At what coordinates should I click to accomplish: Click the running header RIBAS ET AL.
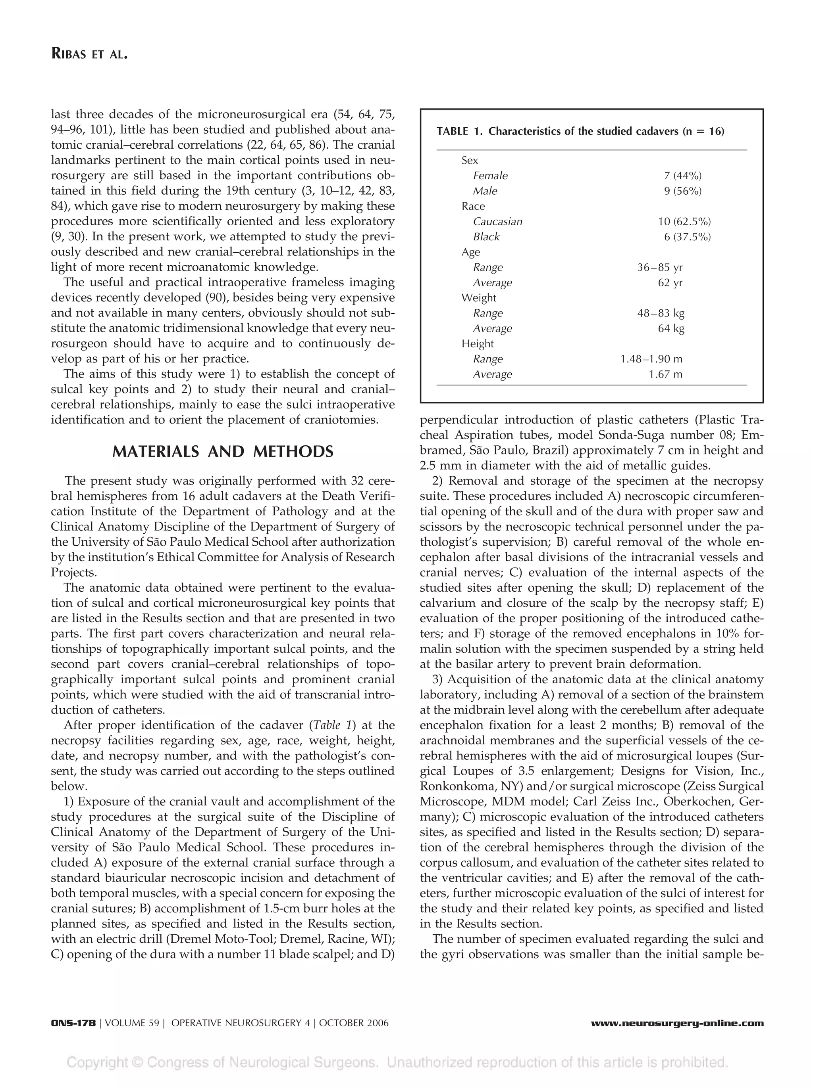pyautogui.click(x=89, y=54)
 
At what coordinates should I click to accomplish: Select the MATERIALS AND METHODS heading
pyautogui.click(x=223, y=451)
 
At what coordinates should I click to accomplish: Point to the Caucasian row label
pyautogui.click(x=497, y=221)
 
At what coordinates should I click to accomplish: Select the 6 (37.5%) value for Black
pyautogui.click(x=687, y=236)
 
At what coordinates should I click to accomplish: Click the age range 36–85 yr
pyautogui.click(x=659, y=267)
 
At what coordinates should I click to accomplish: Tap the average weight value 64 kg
pyautogui.click(x=671, y=328)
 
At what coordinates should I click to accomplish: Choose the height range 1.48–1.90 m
pyautogui.click(x=651, y=359)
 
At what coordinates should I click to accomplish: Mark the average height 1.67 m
pyautogui.click(x=665, y=374)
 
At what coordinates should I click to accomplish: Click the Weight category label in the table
pyautogui.click(x=479, y=298)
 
